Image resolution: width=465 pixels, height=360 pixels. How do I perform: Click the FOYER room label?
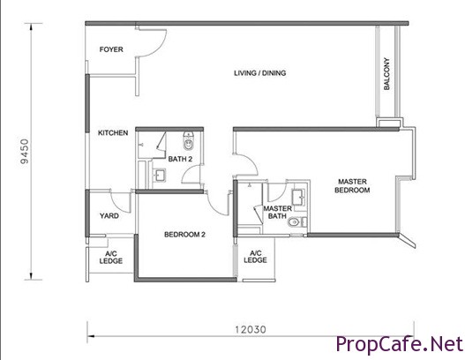tap(111, 49)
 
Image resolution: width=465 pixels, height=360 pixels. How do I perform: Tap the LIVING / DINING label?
tap(259, 73)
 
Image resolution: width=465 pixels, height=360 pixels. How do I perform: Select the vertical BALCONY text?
tap(386, 74)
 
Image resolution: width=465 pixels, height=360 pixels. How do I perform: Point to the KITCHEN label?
tap(113, 133)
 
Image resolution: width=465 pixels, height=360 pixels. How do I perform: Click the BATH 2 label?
tap(180, 159)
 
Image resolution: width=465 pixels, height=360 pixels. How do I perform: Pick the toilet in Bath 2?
tap(188, 141)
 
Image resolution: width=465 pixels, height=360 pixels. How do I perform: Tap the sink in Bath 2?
tap(160, 175)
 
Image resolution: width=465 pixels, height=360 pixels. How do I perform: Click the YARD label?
tap(109, 216)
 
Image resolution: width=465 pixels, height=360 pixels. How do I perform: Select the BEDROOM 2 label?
tap(184, 235)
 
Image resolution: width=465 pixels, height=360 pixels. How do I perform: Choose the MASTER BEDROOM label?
tap(352, 185)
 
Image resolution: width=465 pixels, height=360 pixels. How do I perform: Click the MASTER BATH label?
tap(277, 213)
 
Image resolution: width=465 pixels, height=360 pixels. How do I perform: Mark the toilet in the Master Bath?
tap(294, 221)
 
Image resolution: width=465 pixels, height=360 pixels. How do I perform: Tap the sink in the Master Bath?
tap(298, 197)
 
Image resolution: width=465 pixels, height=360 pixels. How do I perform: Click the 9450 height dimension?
tap(25, 151)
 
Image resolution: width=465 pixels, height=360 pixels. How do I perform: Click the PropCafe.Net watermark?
tap(400, 344)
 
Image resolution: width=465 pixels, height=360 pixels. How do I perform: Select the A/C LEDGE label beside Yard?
tap(111, 258)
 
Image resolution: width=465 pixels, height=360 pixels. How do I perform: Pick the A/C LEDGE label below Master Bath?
tap(255, 257)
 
